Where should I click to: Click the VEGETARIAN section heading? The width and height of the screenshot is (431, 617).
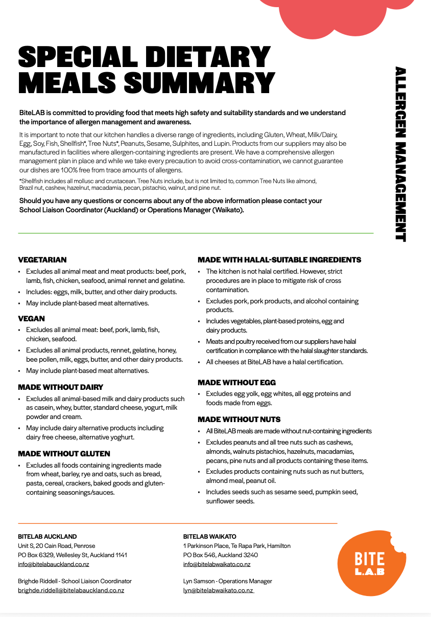tap(42, 260)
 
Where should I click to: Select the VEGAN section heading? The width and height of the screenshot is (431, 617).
tap(32, 319)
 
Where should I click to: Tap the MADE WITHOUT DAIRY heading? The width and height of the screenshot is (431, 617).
tap(61, 387)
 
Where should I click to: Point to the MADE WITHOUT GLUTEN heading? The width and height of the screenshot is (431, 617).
tap(64, 454)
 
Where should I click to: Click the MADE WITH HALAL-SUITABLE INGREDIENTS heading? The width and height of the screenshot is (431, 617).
tap(279, 260)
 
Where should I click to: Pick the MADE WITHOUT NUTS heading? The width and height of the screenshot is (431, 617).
tap(240, 420)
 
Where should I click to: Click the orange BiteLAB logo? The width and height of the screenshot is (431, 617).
tap(370, 563)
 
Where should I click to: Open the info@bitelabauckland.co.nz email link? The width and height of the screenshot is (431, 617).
tap(54, 564)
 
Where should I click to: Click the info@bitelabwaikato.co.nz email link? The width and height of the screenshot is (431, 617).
tap(217, 564)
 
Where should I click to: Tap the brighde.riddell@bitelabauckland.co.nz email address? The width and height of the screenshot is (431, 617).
tap(71, 590)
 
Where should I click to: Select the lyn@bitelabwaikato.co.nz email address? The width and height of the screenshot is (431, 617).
tap(218, 590)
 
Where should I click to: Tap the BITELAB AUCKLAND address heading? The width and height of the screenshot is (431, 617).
tap(47, 537)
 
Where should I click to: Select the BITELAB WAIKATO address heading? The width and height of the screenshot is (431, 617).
tap(210, 537)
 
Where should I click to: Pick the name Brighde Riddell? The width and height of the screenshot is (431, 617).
tap(38, 581)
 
